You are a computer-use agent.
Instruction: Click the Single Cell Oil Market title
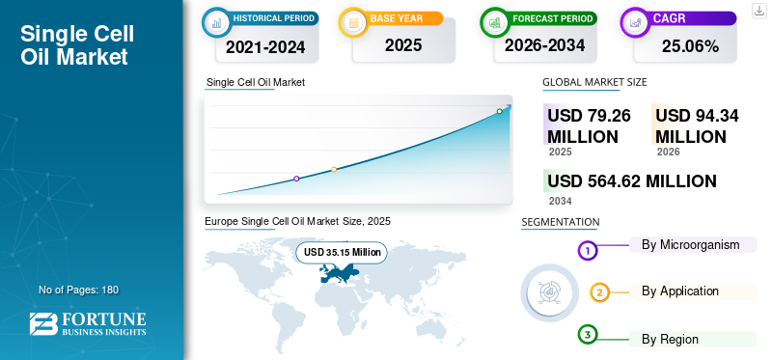(77, 45)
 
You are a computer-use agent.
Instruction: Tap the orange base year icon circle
(353, 19)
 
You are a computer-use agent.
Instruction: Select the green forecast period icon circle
(493, 19)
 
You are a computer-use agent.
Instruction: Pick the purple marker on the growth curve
(296, 179)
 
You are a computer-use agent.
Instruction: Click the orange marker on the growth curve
(334, 169)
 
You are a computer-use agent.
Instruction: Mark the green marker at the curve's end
(499, 111)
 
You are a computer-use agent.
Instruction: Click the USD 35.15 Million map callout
(342, 253)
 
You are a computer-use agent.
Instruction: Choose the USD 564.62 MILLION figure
(632, 181)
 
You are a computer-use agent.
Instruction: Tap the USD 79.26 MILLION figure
(589, 126)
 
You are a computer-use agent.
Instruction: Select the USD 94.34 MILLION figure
(697, 126)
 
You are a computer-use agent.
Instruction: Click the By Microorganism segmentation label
(690, 244)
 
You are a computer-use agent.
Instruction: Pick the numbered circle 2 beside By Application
(599, 292)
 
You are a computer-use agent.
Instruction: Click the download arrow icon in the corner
(759, 10)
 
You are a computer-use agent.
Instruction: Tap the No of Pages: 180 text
(78, 290)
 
